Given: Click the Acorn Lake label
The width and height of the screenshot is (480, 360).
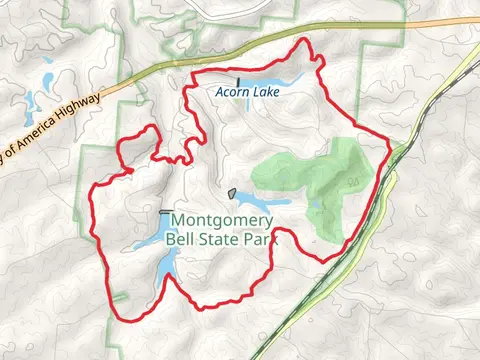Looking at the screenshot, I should [x=247, y=91].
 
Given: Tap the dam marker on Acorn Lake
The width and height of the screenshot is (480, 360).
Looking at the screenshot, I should [x=238, y=81].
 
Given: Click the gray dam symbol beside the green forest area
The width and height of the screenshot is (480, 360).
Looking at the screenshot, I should [x=232, y=193].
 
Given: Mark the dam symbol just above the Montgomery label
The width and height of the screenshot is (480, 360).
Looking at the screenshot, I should [x=164, y=212].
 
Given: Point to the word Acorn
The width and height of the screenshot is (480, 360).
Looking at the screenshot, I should [x=231, y=91].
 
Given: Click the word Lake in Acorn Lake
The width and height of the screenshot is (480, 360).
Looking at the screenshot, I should [x=264, y=91].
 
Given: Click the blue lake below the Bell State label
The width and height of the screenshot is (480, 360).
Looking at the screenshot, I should [x=164, y=268].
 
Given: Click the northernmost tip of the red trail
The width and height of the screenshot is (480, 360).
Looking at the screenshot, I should [x=301, y=41].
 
